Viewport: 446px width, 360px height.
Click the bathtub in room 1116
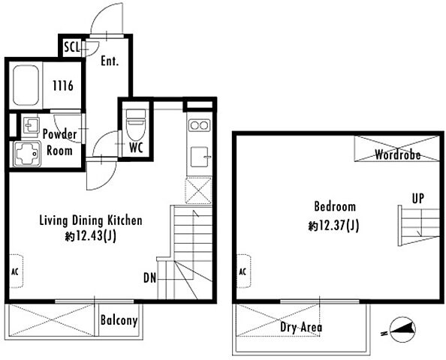click(26, 85)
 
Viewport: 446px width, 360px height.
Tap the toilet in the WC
click(136, 124)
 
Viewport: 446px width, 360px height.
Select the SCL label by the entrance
click(72, 47)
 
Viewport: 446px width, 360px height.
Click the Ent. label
click(110, 61)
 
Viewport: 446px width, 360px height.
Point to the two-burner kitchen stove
click(199, 125)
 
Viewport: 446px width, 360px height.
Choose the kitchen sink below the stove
click(200, 157)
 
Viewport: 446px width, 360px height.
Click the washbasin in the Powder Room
click(32, 125)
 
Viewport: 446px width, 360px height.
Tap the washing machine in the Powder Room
click(26, 154)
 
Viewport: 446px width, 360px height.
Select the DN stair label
click(150, 278)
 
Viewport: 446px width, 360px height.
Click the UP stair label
click(418, 198)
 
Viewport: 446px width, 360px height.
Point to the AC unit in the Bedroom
click(244, 271)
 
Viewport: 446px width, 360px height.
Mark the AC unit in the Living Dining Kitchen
click(17, 271)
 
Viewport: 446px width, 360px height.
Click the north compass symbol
click(401, 330)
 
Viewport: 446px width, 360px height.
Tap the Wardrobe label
click(398, 154)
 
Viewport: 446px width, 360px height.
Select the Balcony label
click(119, 320)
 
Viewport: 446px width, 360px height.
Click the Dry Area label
click(301, 327)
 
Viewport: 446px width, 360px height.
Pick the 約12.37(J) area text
click(333, 226)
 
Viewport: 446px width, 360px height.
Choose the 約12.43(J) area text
click(91, 236)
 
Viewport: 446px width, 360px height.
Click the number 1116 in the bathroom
click(63, 85)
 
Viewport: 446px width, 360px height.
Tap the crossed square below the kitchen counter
click(198, 190)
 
